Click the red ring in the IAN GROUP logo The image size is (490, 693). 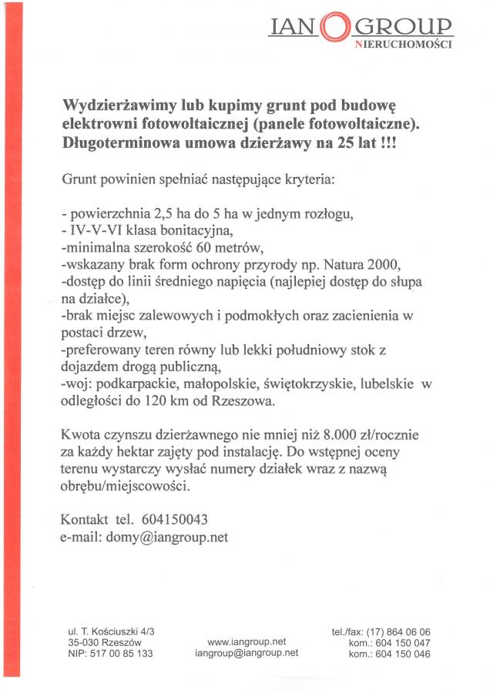[334, 28]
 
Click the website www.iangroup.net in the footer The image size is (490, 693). [247, 641]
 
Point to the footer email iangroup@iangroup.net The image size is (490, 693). [247, 653]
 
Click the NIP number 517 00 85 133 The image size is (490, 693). [110, 654]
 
